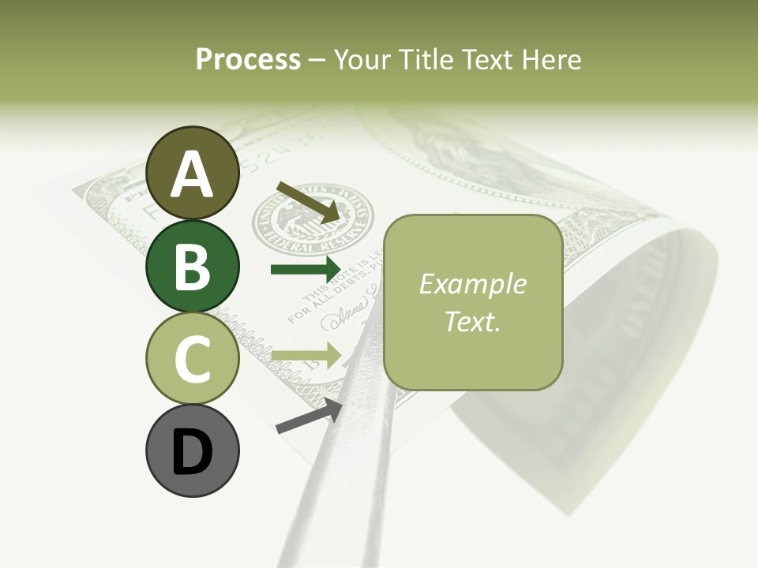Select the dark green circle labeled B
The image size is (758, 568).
pos(192,266)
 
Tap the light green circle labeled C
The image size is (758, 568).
pos(192,358)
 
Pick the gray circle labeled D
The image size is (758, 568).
pos(192,450)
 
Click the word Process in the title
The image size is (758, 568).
pos(248,59)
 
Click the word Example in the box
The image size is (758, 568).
pos(473,284)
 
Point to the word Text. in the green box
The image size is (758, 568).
pos(473,321)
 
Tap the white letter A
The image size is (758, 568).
pos(192,174)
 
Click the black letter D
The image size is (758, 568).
pos(192,452)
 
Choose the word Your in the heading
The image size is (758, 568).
pos(364,59)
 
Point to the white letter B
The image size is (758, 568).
pos(192,267)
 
